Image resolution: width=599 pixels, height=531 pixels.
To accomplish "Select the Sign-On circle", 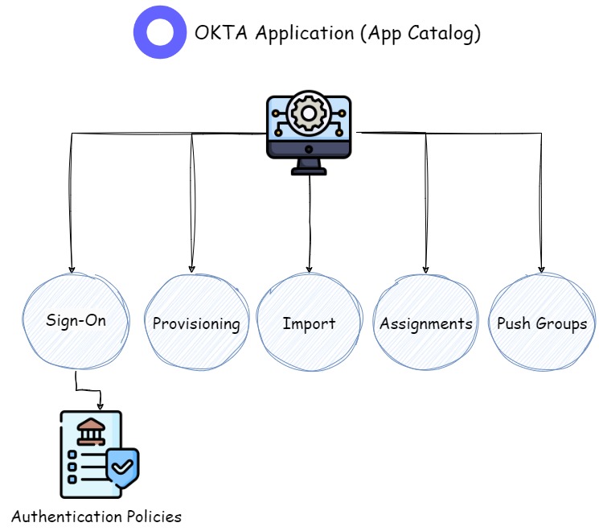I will (76, 321).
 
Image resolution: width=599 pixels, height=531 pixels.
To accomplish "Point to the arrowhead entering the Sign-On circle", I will (72, 269).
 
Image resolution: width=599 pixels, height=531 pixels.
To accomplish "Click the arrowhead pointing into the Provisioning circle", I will (191, 269).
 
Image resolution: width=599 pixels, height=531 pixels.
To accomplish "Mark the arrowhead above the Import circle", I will (309, 268).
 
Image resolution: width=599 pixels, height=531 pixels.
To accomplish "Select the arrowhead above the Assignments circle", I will (425, 268).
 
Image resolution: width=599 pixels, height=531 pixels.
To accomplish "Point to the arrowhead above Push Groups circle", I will (541, 268).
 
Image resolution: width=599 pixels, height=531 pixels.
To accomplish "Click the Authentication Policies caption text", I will (96, 516).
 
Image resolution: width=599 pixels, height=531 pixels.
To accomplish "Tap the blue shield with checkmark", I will (122, 467).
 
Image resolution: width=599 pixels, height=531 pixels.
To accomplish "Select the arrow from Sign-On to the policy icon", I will (88, 390).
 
